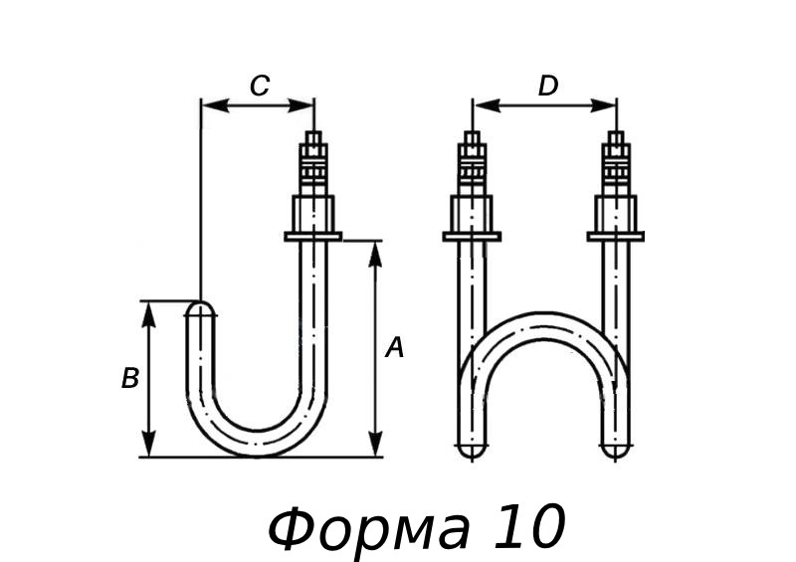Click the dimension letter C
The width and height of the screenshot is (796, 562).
click(259, 87)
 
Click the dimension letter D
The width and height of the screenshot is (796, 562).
click(547, 87)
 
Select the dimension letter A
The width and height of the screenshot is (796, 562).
click(395, 348)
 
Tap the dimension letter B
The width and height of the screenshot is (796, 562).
click(130, 379)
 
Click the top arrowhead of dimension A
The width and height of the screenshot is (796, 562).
click(375, 250)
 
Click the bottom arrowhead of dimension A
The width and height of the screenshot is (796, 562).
click(375, 447)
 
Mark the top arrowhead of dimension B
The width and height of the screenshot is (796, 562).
click(149, 311)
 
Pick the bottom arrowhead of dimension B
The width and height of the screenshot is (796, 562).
click(149, 447)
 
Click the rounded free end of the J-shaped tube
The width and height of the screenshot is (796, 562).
click(201, 310)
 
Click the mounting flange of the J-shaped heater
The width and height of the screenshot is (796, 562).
click(313, 236)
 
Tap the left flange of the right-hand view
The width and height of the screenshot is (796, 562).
click(472, 236)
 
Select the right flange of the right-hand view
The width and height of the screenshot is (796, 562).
click(616, 236)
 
